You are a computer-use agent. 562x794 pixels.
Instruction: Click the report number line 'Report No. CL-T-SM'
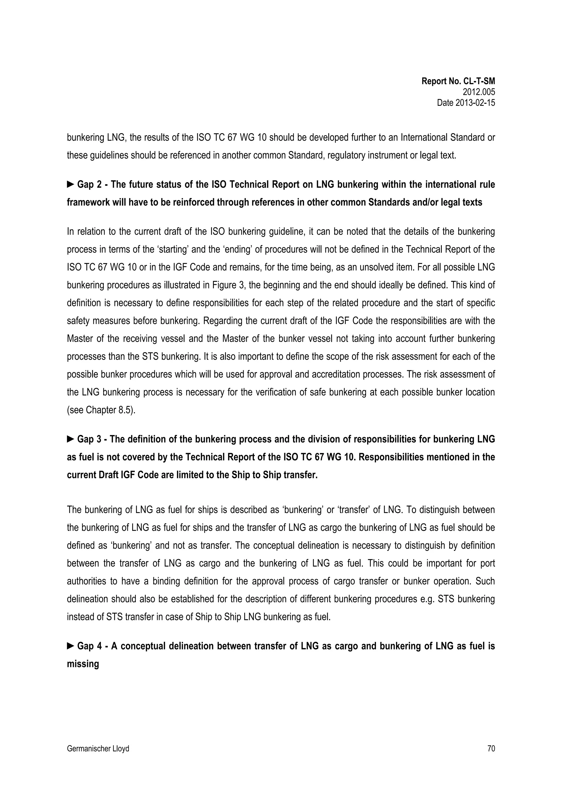(458, 81)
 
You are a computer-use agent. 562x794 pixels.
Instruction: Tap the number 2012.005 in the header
(479, 92)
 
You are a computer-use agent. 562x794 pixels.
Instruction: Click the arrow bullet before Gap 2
(70, 184)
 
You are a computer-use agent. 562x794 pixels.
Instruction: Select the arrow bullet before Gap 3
(70, 439)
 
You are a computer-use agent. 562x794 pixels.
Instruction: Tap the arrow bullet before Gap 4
(70, 646)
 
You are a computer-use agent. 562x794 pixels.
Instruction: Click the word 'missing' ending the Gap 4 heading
(83, 664)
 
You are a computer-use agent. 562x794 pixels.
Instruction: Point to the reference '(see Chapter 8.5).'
(101, 410)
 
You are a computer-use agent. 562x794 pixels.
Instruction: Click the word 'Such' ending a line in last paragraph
(485, 581)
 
